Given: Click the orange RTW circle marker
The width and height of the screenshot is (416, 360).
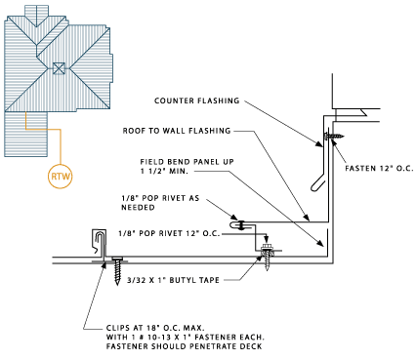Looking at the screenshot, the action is [61, 177].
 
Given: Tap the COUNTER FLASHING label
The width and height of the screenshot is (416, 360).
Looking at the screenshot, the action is [197, 100].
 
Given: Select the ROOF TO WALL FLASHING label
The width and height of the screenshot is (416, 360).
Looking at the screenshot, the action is [177, 131].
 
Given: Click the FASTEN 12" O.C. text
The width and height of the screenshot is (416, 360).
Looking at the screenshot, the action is [379, 169].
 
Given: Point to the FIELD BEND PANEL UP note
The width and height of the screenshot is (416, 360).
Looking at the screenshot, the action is [187, 166].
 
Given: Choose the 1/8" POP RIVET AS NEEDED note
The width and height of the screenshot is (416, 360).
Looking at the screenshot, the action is [160, 203].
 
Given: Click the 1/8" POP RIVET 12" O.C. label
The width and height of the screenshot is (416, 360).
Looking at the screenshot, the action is [169, 233].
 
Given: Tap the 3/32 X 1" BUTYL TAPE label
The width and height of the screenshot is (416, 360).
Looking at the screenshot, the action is [173, 280].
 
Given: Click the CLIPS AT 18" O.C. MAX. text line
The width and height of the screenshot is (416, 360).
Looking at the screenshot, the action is [155, 328].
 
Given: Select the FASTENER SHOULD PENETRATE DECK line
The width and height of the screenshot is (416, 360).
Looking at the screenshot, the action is [184, 346].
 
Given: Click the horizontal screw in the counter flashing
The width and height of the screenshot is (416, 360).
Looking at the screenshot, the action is [334, 136].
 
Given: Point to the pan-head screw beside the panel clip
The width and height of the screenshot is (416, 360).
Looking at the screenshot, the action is [117, 269].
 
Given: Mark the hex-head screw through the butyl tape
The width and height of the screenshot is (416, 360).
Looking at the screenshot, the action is [268, 256].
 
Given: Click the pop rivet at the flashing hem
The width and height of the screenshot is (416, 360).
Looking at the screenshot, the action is [241, 225].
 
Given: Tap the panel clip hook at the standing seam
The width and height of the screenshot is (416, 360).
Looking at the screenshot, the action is [100, 242].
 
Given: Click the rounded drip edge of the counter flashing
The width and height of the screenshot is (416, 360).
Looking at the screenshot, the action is [316, 182].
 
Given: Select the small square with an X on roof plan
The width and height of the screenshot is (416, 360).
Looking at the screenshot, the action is [59, 68].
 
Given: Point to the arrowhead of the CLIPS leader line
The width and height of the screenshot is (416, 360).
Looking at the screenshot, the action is [104, 264].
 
